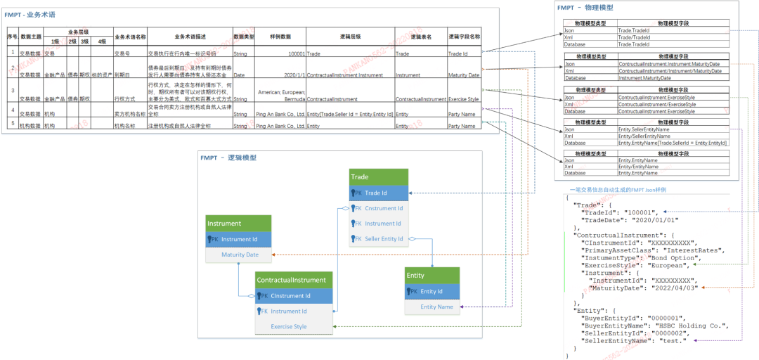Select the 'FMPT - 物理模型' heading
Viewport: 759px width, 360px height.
click(x=585, y=8)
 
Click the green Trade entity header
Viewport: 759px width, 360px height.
click(x=378, y=177)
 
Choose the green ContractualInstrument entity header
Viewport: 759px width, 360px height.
click(x=293, y=280)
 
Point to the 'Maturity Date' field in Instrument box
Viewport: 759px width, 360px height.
click(x=240, y=255)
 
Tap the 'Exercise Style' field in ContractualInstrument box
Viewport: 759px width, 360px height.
click(x=289, y=326)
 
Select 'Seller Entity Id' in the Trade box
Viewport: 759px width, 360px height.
click(x=384, y=239)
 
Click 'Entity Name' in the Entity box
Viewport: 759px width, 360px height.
click(x=436, y=307)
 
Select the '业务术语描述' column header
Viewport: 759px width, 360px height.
click(x=189, y=37)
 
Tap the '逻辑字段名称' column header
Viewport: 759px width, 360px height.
click(x=465, y=37)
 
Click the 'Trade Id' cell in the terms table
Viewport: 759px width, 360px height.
click(x=458, y=53)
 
